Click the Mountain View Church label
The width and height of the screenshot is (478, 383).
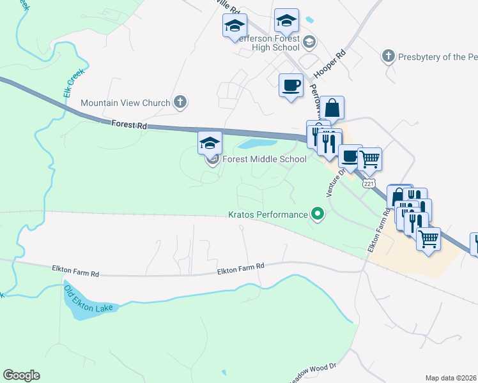125,103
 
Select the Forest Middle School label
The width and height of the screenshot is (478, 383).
264,159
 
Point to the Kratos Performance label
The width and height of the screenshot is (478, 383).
268,214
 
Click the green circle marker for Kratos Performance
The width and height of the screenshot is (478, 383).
318,214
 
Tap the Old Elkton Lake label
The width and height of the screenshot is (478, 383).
88,300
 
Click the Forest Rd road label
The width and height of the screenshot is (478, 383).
128,126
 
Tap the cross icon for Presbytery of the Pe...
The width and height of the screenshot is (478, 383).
388,57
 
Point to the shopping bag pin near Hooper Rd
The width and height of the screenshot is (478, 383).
332,109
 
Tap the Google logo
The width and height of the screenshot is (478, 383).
22,375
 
